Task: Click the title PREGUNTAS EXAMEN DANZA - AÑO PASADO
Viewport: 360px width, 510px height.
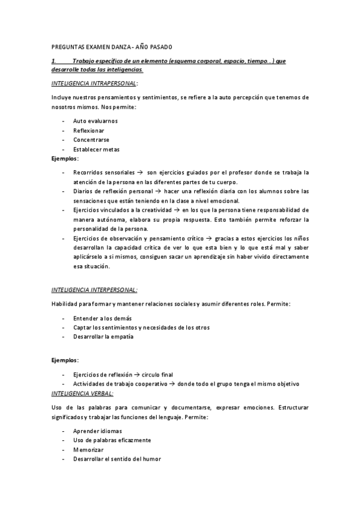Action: pyautogui.click(x=112, y=46)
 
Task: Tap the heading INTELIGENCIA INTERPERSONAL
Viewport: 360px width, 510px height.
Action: pyautogui.click(x=94, y=289)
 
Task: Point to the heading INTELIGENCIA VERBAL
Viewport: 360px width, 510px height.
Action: pyautogui.click(x=82, y=393)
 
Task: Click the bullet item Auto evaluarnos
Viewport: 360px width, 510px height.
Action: pyautogui.click(x=96, y=121)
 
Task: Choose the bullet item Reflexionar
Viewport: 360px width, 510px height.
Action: pyautogui.click(x=88, y=131)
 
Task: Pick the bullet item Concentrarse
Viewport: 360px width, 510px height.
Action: pyautogui.click(x=91, y=140)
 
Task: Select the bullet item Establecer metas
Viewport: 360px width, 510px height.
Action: pyautogui.click(x=96, y=149)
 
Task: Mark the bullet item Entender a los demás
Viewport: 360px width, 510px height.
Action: pyautogui.click(x=102, y=318)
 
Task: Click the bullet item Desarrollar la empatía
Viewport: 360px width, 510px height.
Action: pyautogui.click(x=103, y=337)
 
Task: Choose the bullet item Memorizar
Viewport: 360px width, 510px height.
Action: pyautogui.click(x=89, y=450)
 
